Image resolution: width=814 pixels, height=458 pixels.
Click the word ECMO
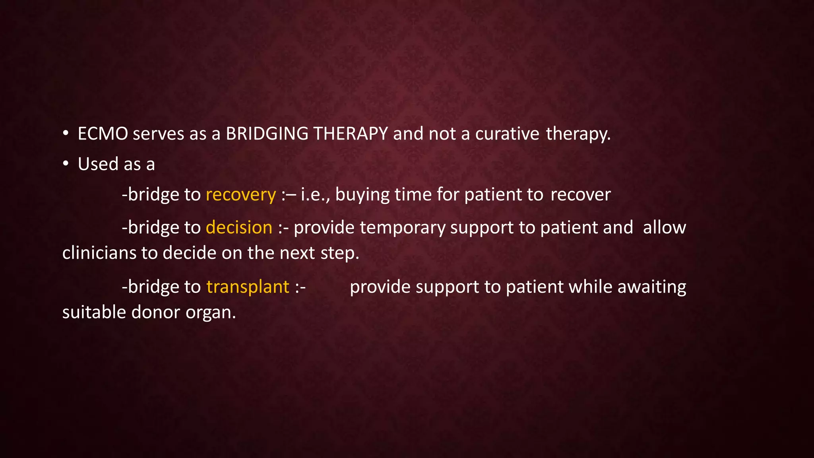point(103,134)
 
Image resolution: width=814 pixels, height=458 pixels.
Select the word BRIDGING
point(267,134)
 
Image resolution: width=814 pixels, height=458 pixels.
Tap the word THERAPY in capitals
point(351,134)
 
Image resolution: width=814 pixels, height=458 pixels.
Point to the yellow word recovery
point(240,195)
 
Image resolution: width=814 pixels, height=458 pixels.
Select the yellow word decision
point(239,228)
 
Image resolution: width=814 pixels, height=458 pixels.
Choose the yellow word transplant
point(248,287)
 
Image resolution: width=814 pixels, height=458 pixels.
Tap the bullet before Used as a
point(66,163)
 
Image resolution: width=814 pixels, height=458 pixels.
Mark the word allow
point(664,228)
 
